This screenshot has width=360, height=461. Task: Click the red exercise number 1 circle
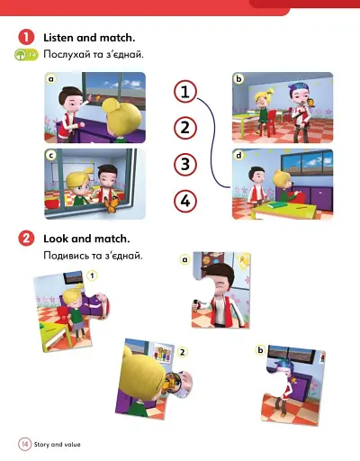click(x=25, y=37)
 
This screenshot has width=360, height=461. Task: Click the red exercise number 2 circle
click(x=25, y=239)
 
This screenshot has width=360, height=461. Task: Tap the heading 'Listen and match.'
click(x=89, y=37)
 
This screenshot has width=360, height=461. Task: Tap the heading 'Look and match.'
click(x=86, y=239)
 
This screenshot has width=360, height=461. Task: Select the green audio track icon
click(x=25, y=55)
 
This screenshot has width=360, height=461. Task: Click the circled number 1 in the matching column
click(x=185, y=92)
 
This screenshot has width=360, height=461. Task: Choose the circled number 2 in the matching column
click(x=185, y=127)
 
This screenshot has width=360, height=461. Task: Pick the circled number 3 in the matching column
click(x=185, y=164)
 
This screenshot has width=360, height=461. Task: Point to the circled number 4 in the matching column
click(x=185, y=200)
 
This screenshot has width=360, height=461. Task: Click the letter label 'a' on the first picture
click(x=52, y=79)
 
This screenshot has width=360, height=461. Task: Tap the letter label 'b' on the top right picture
click(x=238, y=79)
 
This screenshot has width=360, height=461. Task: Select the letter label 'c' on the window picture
click(x=52, y=155)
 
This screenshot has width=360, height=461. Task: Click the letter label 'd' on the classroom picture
click(x=238, y=155)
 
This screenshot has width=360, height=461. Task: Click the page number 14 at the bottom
click(x=24, y=444)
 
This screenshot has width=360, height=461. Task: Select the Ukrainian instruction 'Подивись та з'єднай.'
click(x=94, y=257)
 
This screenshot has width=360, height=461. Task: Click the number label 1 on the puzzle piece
click(x=92, y=287)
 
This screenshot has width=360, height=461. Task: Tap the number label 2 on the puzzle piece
click(x=183, y=351)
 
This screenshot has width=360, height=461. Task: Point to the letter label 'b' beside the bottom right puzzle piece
click(x=259, y=349)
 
